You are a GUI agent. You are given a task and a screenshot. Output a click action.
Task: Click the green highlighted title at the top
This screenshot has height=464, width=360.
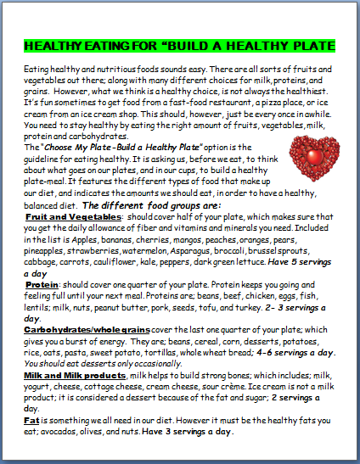[180, 45]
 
